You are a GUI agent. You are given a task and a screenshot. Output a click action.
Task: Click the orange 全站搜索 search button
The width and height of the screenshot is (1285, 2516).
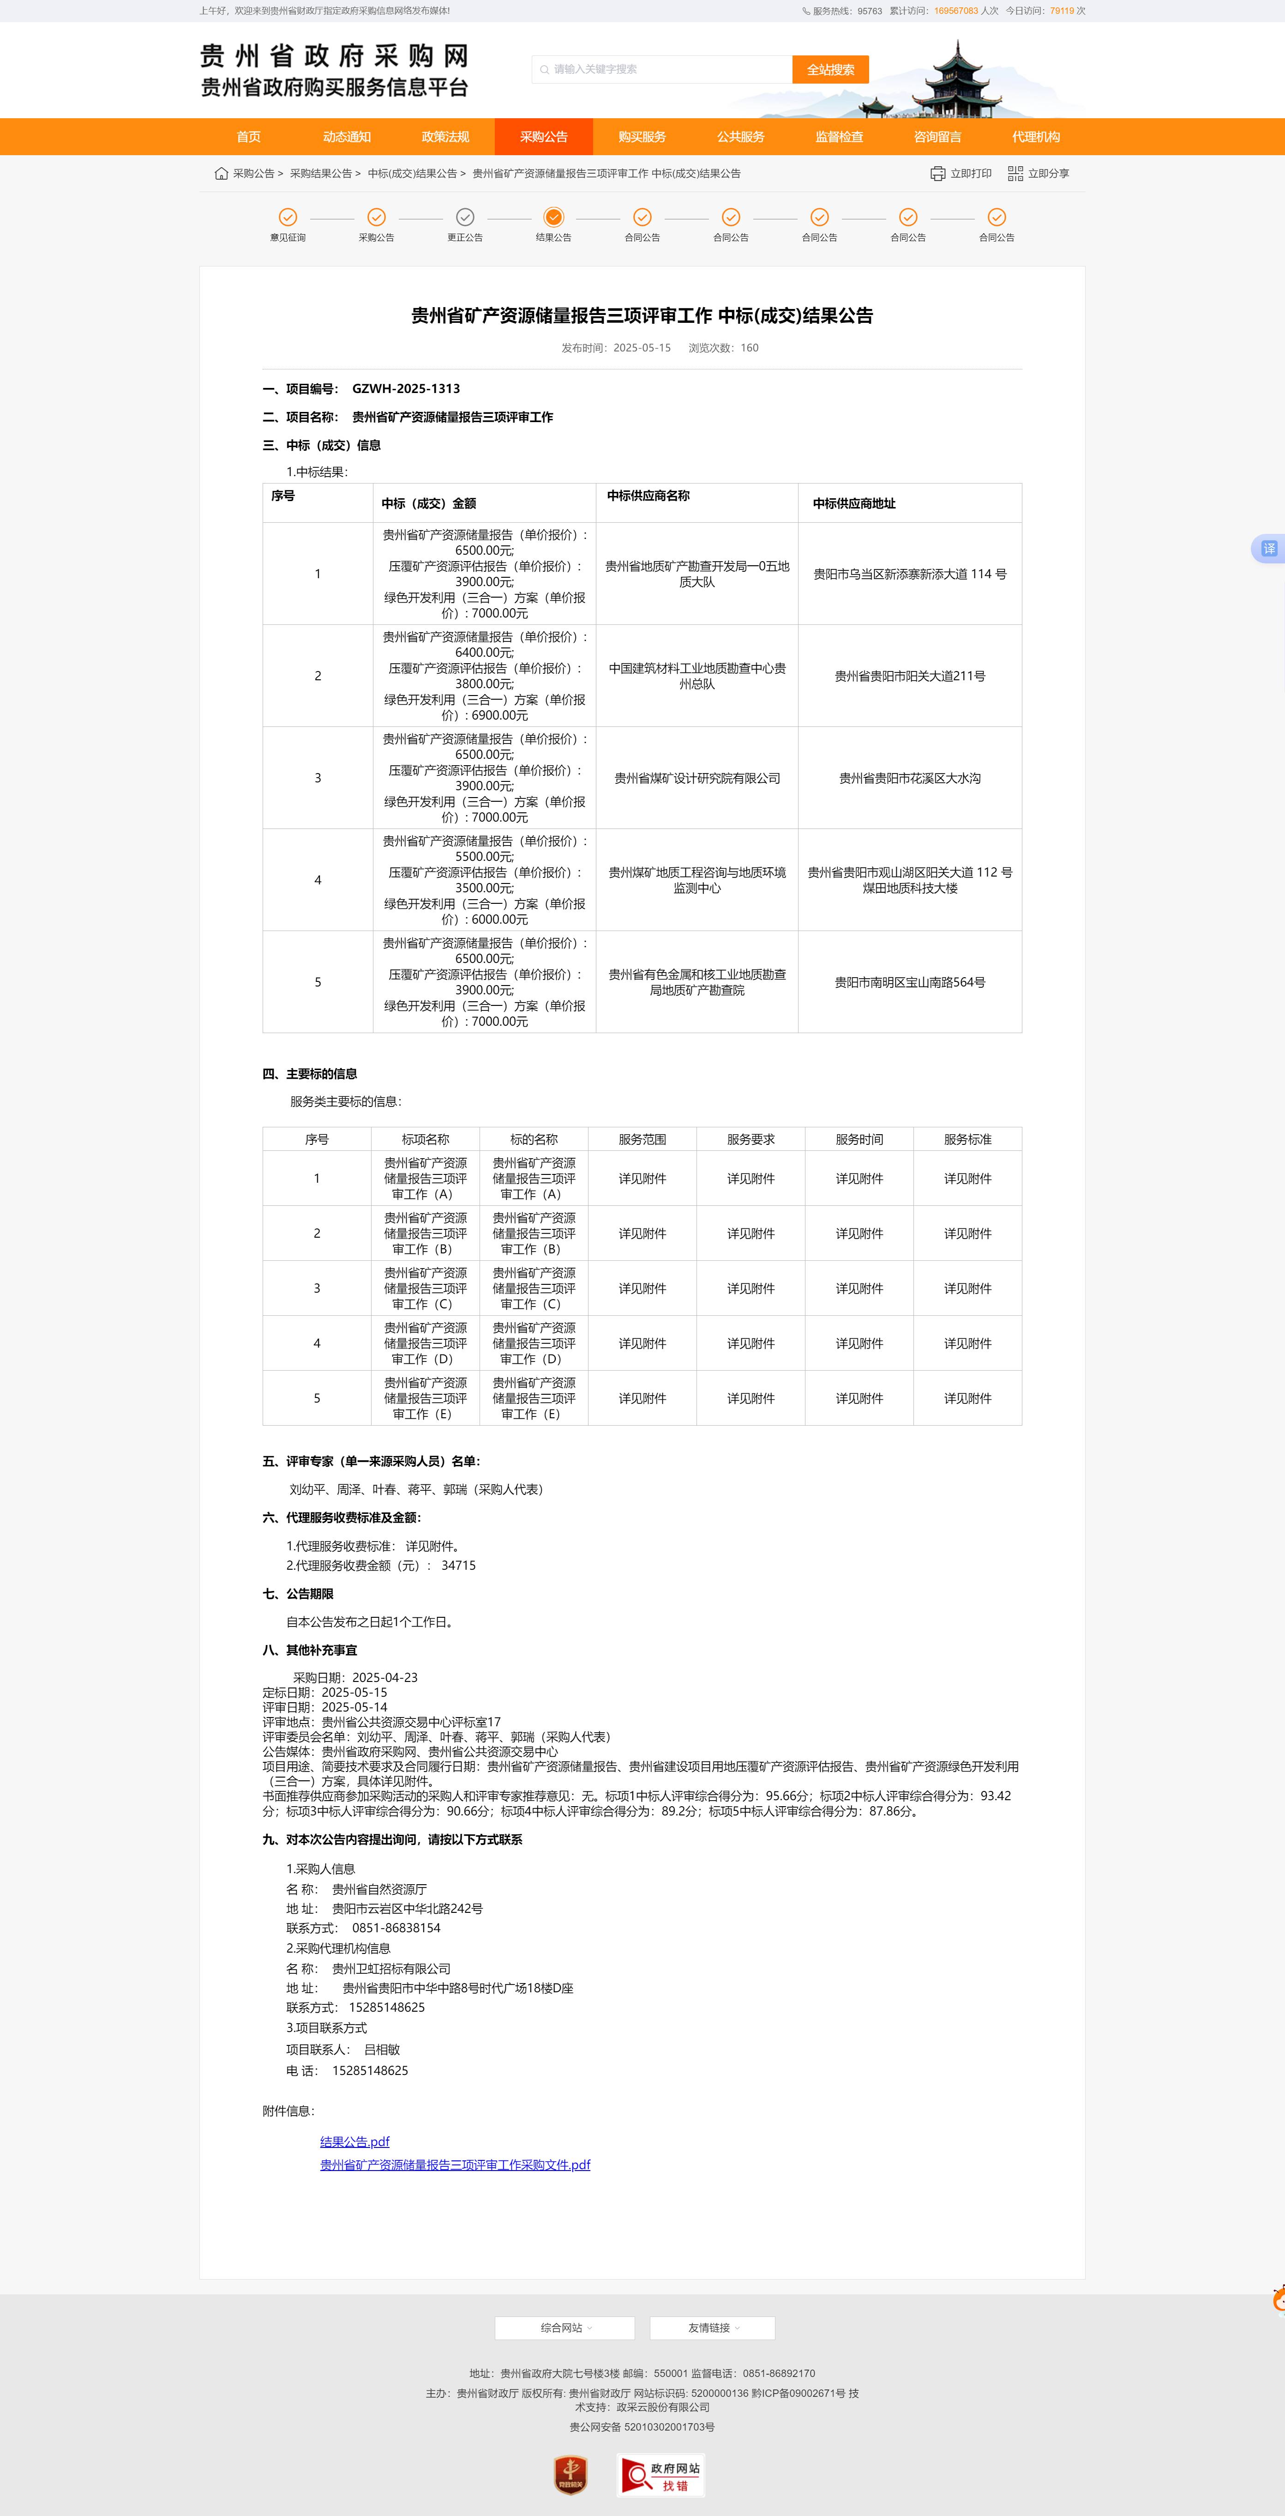coord(830,69)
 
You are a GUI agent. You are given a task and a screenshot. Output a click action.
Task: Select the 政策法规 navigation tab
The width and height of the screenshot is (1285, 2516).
coord(445,137)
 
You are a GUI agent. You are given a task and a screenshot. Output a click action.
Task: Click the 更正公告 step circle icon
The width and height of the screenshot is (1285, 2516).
coord(465,217)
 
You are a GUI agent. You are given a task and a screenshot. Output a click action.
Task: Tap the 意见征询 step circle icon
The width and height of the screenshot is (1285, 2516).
coord(288,217)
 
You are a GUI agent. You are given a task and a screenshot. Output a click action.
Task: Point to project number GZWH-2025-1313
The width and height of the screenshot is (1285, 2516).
coord(406,389)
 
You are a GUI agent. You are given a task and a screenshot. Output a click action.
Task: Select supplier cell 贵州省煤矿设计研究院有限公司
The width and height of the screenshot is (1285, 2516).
coord(697,779)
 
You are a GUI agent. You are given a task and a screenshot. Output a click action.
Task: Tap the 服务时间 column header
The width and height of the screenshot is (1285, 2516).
coord(859,1140)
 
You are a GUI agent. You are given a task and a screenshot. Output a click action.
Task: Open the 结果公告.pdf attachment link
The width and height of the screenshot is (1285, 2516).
coord(354,2142)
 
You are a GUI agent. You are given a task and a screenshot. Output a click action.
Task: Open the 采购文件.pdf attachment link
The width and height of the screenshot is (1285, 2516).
coord(455,2165)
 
